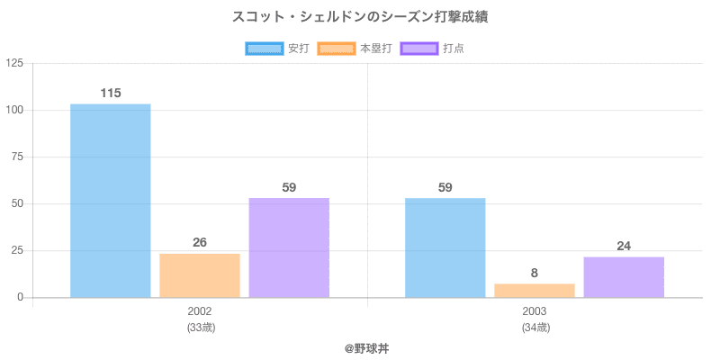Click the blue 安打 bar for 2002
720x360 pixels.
click(x=110, y=201)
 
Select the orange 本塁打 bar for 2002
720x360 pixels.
click(x=200, y=275)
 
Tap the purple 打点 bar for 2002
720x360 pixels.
click(x=289, y=247)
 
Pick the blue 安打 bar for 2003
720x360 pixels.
click(x=445, y=247)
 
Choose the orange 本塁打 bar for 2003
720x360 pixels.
click(x=535, y=290)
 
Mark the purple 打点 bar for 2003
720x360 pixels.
click(x=624, y=277)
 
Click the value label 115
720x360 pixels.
click(x=111, y=93)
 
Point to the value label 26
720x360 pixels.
click(x=200, y=242)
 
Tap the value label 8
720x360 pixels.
click(x=535, y=273)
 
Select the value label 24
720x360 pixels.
click(x=624, y=246)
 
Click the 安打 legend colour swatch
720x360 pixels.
click(x=264, y=49)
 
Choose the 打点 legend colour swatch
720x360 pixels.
click(x=419, y=49)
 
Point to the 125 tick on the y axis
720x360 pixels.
click(x=14, y=63)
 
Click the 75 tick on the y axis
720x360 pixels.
click(x=18, y=157)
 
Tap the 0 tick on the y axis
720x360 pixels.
click(x=21, y=297)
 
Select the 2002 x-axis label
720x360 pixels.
click(x=200, y=311)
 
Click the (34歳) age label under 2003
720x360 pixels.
click(x=535, y=328)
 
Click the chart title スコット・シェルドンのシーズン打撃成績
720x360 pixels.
click(x=360, y=16)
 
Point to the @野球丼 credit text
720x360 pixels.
click(x=360, y=347)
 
